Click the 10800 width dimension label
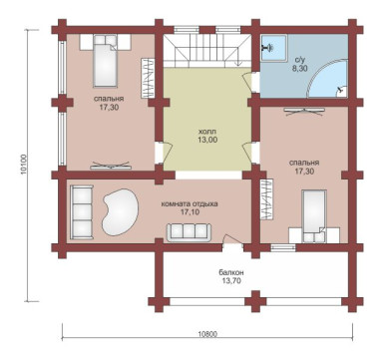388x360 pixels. (208, 334)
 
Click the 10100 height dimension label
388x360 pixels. (23, 165)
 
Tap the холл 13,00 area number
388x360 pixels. (207, 140)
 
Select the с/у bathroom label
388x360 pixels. (301, 61)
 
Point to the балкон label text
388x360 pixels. (231, 272)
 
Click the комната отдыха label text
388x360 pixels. (190, 204)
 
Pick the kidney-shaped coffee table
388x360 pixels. (120, 211)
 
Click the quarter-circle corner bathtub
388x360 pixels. (327, 78)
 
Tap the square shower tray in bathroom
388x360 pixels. (273, 48)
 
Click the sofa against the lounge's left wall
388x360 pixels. (82, 212)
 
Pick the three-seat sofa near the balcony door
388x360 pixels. (190, 231)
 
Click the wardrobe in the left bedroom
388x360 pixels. (149, 78)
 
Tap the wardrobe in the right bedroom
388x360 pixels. (266, 199)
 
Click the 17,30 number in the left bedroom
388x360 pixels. (109, 108)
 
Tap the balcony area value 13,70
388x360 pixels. (231, 281)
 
